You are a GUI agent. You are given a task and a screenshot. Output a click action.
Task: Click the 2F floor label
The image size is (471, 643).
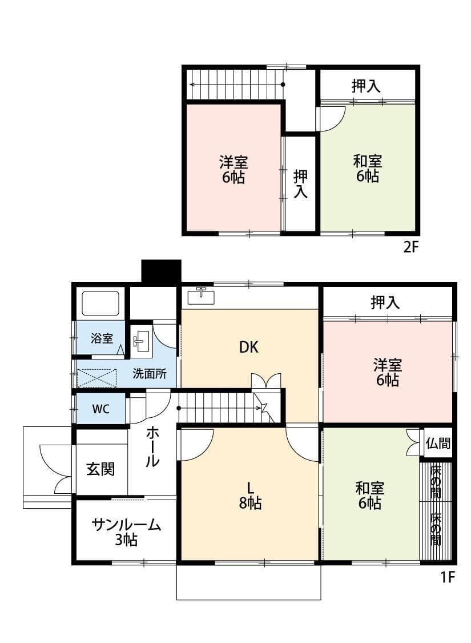pyautogui.click(x=411, y=247)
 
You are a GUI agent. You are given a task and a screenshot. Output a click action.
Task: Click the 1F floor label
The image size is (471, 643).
pyautogui.click(x=447, y=577)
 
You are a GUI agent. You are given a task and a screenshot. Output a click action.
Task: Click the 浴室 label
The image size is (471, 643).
pyautogui.click(x=102, y=338)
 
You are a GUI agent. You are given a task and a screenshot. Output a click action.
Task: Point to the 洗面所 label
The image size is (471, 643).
pyautogui.click(x=150, y=374)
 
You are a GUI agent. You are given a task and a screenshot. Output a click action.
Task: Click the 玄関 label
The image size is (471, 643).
pyautogui.click(x=100, y=469)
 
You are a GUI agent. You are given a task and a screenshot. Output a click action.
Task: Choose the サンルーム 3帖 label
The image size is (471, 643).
pyautogui.click(x=126, y=532)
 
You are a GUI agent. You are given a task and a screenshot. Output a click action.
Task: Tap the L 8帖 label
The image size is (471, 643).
pyautogui.click(x=249, y=495)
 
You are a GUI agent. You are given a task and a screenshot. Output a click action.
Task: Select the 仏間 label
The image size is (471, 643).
pyautogui.click(x=438, y=443)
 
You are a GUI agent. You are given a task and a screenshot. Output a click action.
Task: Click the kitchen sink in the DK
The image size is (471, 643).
pyautogui.click(x=201, y=296)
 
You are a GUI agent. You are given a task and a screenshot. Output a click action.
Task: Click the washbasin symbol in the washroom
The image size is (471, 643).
pyautogui.click(x=140, y=342)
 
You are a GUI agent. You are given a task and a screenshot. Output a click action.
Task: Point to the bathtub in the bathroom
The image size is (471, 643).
pyautogui.click(x=100, y=303)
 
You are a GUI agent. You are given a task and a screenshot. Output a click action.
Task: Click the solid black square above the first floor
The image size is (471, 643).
pyautogui.click(x=161, y=271)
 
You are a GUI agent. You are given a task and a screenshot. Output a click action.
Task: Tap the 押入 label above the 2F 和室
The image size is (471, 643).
pyautogui.click(x=366, y=86)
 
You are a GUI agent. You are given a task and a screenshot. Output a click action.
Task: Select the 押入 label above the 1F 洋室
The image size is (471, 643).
pyautogui.click(x=385, y=302)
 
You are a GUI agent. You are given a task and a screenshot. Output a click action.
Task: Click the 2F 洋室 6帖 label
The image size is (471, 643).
pyautogui.click(x=234, y=169)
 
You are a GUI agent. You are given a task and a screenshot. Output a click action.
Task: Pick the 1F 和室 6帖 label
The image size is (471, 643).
pyautogui.click(x=369, y=495)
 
